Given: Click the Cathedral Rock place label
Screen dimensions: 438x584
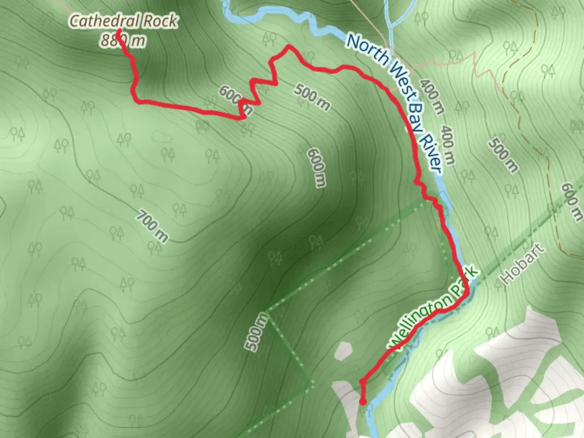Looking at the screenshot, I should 123,21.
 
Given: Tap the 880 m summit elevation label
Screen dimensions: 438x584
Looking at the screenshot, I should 122,40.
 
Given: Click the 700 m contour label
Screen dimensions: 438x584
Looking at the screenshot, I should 151,225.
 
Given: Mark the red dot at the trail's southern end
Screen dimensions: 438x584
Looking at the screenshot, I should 363,402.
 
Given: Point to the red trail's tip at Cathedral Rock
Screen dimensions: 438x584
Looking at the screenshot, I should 119,30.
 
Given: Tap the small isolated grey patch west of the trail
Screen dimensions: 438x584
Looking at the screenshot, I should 343,351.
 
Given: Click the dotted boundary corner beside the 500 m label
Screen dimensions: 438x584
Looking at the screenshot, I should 266,313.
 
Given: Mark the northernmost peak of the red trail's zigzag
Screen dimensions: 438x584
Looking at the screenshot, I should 289,47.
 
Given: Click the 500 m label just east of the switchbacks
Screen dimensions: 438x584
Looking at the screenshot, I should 311,97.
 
